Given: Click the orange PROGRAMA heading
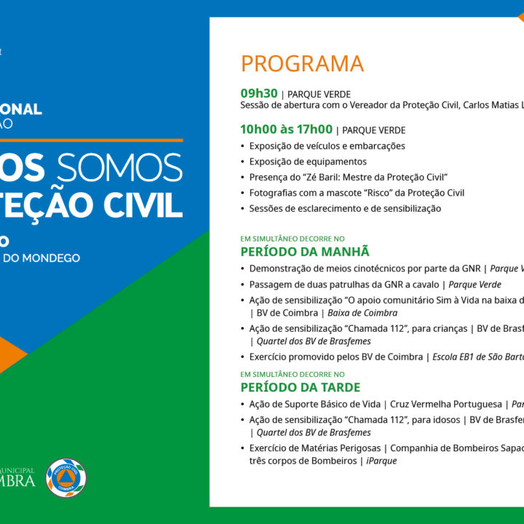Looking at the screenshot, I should pyautogui.click(x=302, y=64).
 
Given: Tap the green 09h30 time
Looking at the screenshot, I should pyautogui.click(x=259, y=93).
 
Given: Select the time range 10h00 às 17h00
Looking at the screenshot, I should pyautogui.click(x=286, y=130).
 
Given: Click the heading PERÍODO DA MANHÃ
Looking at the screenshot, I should pyautogui.click(x=305, y=251).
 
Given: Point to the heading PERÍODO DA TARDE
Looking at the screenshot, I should pyautogui.click(x=300, y=387).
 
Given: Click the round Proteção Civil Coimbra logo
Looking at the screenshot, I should pyautogui.click(x=66, y=477).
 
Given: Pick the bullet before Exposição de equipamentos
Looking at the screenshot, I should pyautogui.click(x=243, y=162).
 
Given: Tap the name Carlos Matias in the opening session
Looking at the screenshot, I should pyautogui.click(x=488, y=105).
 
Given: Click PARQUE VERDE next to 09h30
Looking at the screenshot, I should pyautogui.click(x=319, y=95).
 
